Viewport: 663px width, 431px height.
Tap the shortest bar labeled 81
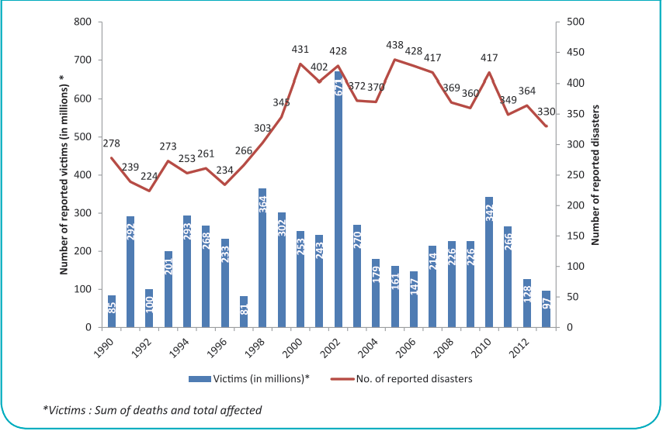coord(244,312)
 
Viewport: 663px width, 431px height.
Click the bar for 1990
coord(112,311)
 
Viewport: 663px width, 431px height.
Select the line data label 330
coord(547,112)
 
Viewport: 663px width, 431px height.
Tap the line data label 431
coord(301,48)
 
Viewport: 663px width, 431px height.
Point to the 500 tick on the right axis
coord(574,22)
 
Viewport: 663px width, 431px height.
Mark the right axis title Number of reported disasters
coord(596,175)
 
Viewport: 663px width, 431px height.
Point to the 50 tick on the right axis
coord(572,297)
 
